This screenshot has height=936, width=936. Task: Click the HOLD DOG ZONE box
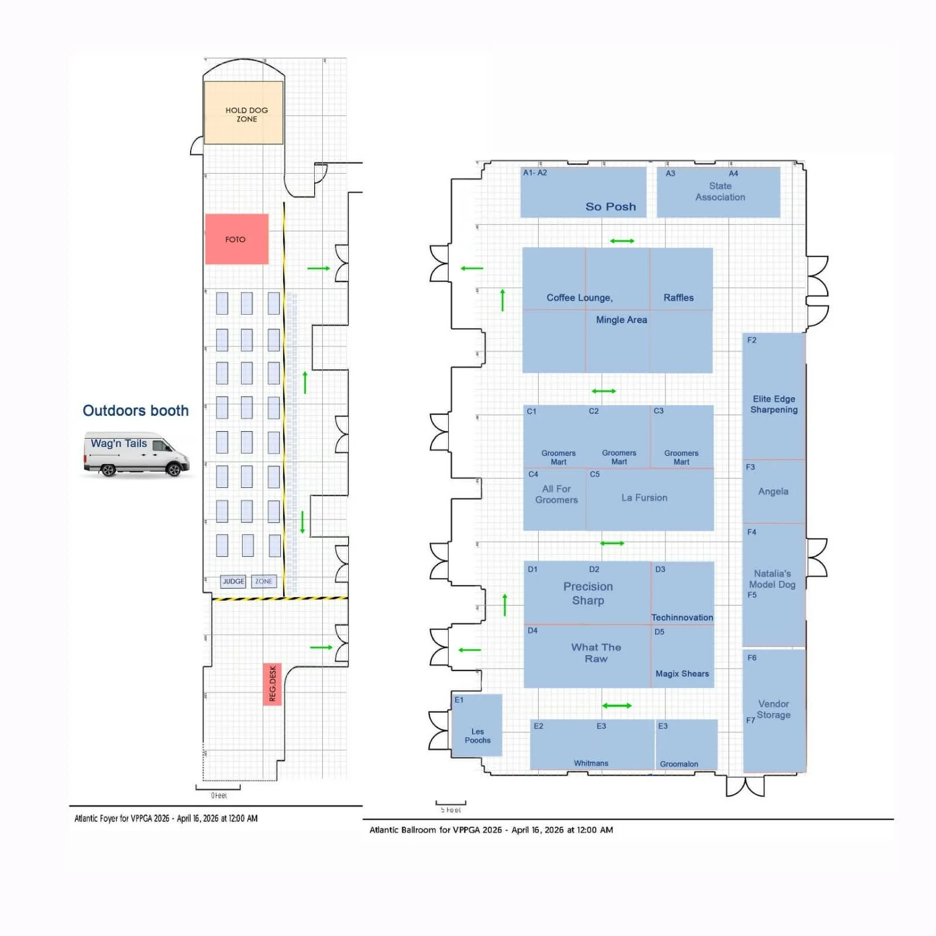click(244, 113)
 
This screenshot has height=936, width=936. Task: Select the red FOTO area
click(236, 239)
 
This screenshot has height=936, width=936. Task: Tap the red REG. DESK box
click(272, 684)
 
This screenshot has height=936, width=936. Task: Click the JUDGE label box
click(233, 581)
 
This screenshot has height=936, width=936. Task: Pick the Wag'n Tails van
click(136, 454)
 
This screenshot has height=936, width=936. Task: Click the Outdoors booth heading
click(135, 411)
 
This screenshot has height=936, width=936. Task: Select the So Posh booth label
click(610, 207)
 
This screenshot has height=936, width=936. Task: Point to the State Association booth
click(720, 192)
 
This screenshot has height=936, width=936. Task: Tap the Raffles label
click(678, 298)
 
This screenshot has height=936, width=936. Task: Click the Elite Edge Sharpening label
click(773, 404)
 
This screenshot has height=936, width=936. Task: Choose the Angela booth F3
click(773, 491)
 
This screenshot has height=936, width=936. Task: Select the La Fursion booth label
click(643, 498)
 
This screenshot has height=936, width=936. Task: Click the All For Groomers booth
click(556, 494)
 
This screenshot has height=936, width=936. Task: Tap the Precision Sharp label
click(587, 593)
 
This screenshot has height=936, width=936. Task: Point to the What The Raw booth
click(596, 653)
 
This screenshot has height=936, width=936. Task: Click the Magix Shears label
click(682, 674)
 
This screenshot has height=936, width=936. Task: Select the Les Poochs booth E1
click(477, 735)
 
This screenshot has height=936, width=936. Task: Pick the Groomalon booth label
click(679, 763)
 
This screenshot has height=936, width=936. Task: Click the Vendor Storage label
click(773, 709)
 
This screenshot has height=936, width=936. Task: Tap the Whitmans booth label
click(591, 763)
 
